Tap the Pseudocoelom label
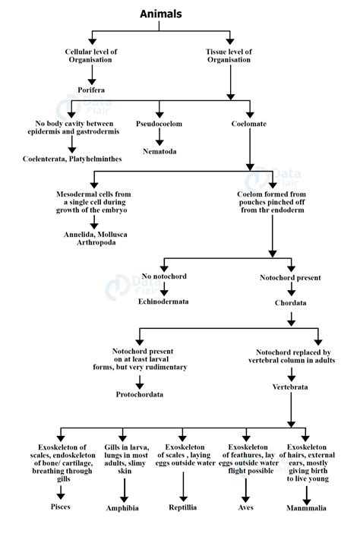(x=159, y=123)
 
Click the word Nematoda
(x=159, y=151)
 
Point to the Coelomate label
(x=249, y=123)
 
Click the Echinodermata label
(x=163, y=302)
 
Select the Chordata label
(x=289, y=303)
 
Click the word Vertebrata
(x=289, y=387)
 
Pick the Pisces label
(x=60, y=505)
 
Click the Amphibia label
(x=122, y=508)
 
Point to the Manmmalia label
(x=307, y=507)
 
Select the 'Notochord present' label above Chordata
(x=289, y=278)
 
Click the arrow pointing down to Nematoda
(x=159, y=137)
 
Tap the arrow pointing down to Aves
(x=245, y=487)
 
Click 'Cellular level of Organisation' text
(x=90, y=55)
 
